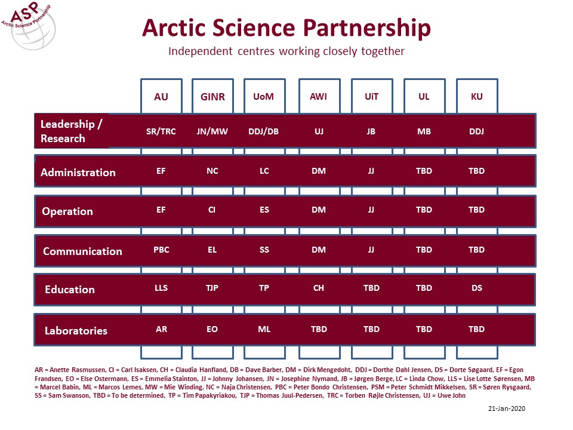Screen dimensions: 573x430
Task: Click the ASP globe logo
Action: click(x=29, y=26)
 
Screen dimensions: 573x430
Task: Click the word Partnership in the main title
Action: click(x=367, y=28)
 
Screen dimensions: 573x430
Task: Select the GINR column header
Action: click(x=212, y=97)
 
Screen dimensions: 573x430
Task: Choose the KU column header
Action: click(x=477, y=97)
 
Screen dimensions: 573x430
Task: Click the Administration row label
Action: click(x=78, y=172)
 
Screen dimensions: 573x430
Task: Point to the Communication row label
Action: click(x=82, y=251)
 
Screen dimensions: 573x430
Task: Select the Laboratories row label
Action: click(x=76, y=330)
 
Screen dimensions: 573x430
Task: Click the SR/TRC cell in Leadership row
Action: click(x=161, y=131)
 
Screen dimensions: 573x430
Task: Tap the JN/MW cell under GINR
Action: click(x=212, y=131)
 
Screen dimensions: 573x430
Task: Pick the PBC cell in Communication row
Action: click(x=161, y=250)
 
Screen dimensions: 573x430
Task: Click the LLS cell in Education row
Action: click(x=161, y=288)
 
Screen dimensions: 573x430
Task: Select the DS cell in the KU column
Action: click(x=476, y=288)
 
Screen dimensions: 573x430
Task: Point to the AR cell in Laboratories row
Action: click(x=162, y=329)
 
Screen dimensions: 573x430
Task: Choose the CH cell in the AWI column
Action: click(x=319, y=288)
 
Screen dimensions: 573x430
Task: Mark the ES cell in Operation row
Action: click(x=264, y=210)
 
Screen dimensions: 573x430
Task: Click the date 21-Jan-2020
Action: click(x=507, y=408)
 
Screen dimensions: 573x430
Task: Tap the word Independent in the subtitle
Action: click(x=201, y=51)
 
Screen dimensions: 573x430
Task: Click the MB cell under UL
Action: click(x=424, y=131)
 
